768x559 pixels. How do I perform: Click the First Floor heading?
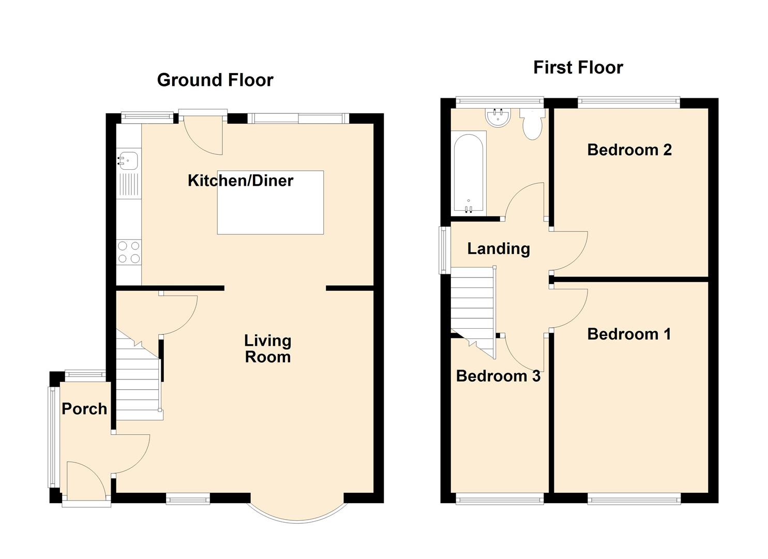(578, 67)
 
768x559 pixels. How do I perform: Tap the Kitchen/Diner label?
(240, 181)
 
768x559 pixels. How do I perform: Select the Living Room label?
(268, 349)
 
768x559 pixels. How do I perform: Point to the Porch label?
(84, 409)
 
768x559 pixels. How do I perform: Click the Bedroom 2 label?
(629, 150)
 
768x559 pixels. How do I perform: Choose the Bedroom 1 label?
(629, 334)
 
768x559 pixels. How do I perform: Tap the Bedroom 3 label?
(498, 376)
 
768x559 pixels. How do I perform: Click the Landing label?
(499, 249)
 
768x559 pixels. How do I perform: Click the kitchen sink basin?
(128, 160)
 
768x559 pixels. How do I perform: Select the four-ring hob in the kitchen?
(129, 252)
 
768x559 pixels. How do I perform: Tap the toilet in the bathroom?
(532, 124)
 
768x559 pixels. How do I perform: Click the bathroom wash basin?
(498, 117)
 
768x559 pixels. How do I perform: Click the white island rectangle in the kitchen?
(270, 202)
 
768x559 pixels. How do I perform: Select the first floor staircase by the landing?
(473, 312)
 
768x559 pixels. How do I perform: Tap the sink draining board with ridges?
(129, 185)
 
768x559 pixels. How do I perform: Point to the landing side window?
(445, 250)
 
